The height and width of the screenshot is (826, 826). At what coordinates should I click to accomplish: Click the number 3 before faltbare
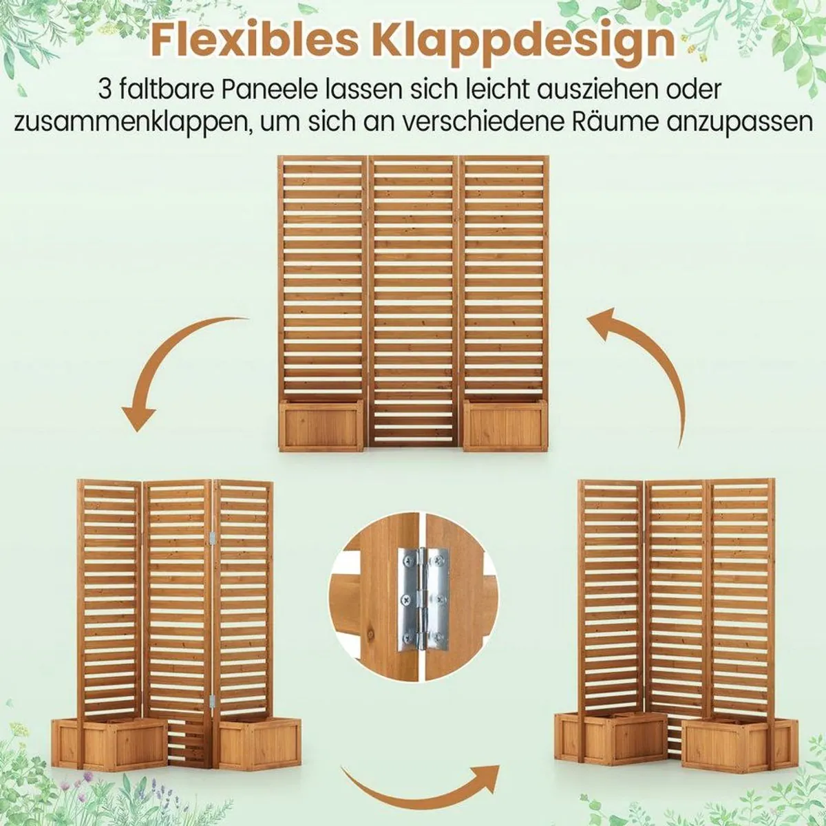coord(105,89)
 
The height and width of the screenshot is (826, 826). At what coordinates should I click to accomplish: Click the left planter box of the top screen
coord(321,425)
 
